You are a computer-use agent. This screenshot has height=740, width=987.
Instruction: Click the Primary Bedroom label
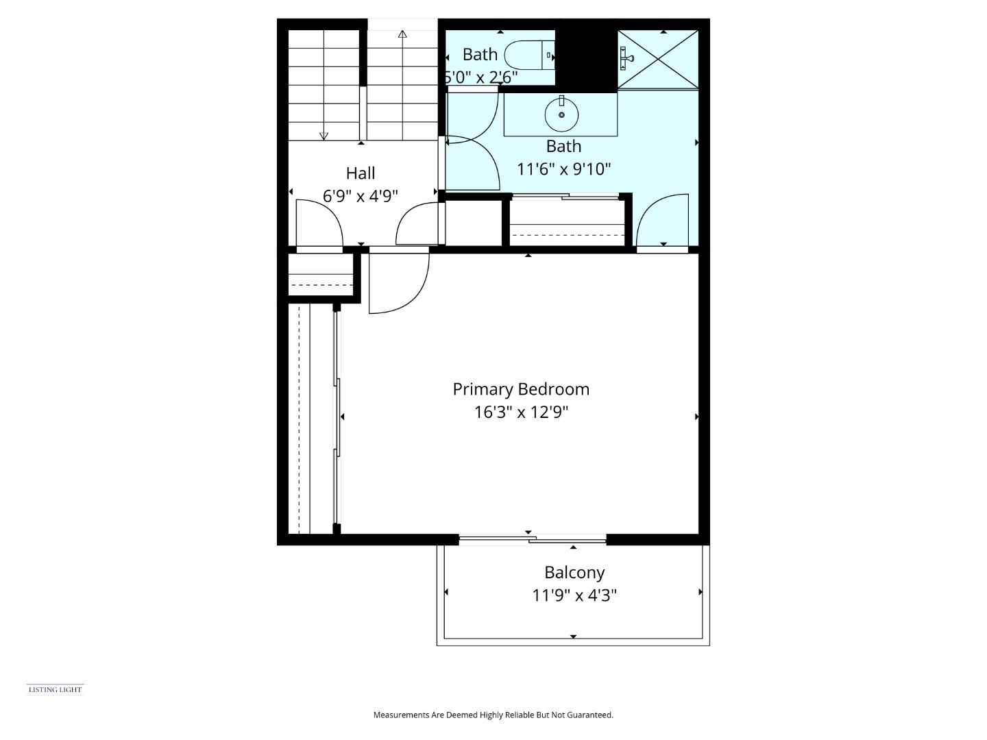tap(521, 389)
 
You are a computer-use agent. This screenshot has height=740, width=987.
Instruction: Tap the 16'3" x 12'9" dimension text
tap(521, 412)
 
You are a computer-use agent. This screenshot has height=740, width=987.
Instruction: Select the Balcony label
tap(574, 572)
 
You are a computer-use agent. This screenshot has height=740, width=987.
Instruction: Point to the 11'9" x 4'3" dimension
tap(574, 595)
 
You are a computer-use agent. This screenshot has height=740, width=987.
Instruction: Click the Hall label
tap(361, 173)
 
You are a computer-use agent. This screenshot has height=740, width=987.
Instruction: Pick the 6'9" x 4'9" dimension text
tap(361, 197)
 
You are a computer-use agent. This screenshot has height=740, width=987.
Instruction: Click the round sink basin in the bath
tap(561, 114)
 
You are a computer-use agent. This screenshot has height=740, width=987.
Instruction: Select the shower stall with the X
tap(658, 59)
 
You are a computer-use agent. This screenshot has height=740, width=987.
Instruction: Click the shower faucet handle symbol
tap(625, 58)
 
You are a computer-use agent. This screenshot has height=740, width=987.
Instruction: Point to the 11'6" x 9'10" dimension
tap(563, 169)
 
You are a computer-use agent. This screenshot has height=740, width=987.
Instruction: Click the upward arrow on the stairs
tap(402, 34)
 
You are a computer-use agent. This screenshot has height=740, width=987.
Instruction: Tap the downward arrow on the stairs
tap(324, 136)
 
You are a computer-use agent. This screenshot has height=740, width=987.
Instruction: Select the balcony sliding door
tap(533, 540)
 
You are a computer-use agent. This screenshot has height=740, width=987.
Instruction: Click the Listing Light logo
tap(55, 689)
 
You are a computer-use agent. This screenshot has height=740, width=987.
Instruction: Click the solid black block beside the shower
tap(586, 58)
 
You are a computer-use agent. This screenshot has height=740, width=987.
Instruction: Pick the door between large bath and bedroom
tap(663, 221)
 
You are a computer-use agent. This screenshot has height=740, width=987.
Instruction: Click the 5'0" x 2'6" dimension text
tap(480, 77)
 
